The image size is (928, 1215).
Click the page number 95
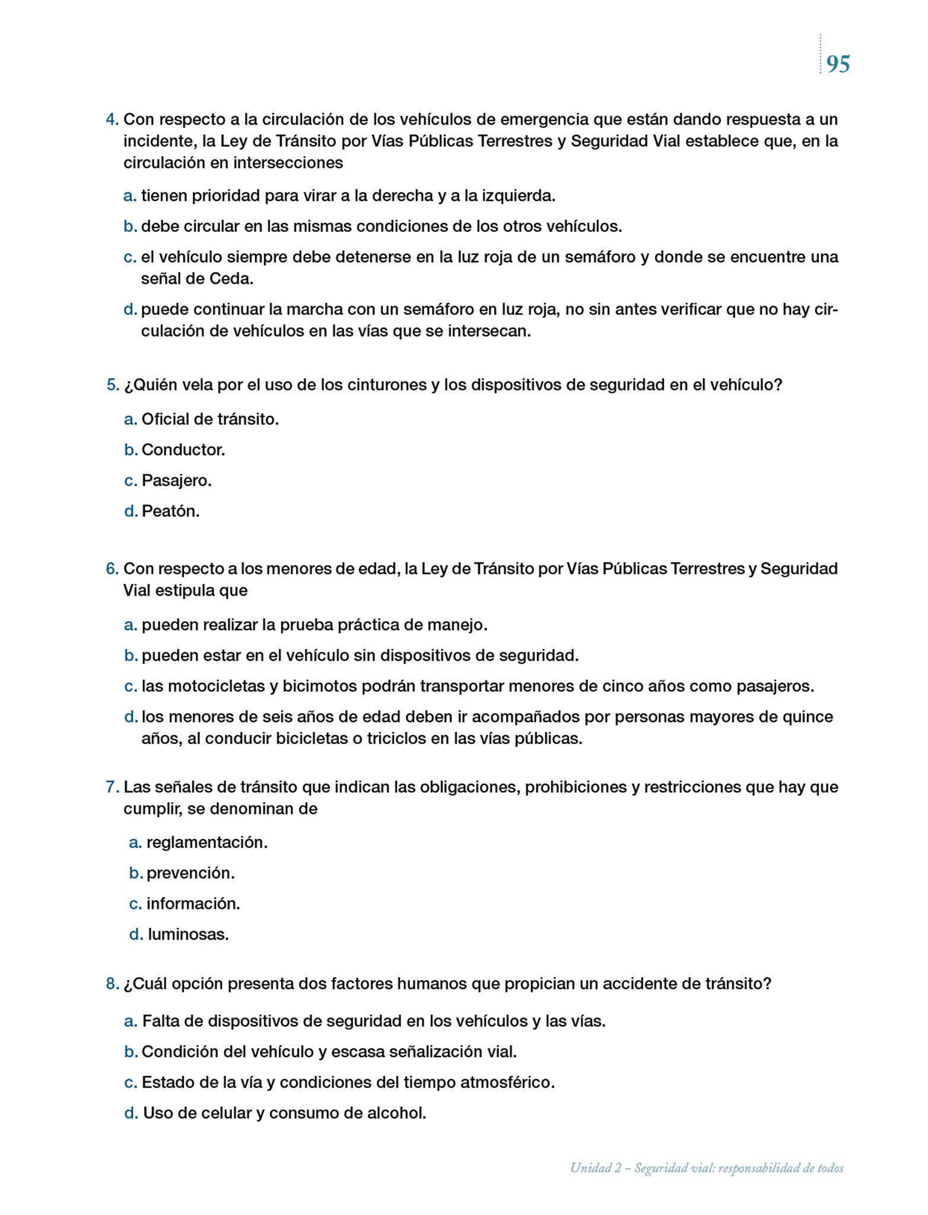[838, 64]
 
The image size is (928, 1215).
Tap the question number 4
[112, 120]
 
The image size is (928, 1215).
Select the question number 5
[113, 385]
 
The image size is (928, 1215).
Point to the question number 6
[112, 569]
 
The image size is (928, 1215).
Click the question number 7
[112, 787]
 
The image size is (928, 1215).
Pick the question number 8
[112, 984]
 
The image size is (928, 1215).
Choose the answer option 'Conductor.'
[183, 450]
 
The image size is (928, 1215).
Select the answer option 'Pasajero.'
[176, 481]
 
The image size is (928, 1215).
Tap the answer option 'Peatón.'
[170, 511]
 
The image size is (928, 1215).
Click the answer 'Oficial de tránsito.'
[210, 419]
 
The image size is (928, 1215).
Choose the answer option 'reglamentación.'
[206, 842]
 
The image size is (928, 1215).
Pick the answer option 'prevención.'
[190, 873]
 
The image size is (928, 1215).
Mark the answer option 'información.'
[193, 904]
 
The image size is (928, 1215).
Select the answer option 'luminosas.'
[188, 935]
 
